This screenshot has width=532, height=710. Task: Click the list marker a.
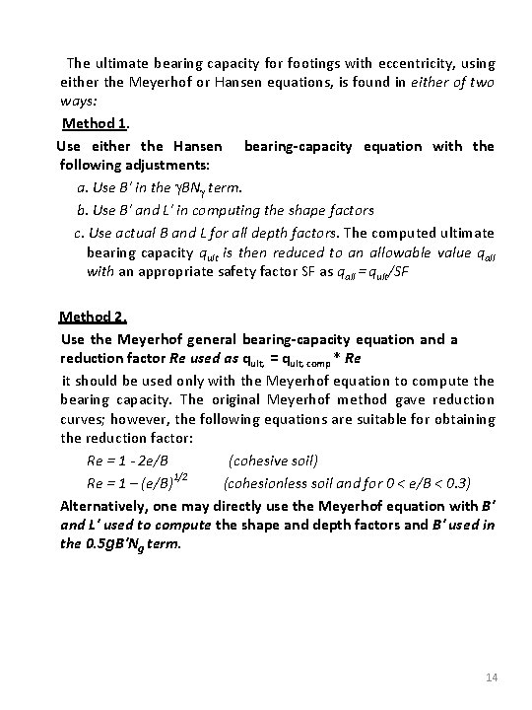click(82, 187)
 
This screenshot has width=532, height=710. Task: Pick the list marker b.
click(82, 210)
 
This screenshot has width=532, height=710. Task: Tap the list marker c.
click(79, 232)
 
